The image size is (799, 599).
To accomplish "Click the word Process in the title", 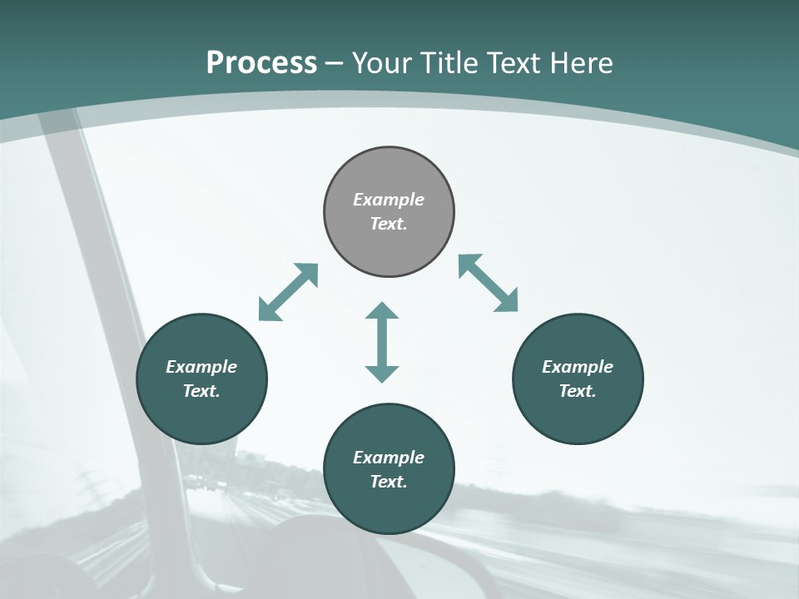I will pos(261,63).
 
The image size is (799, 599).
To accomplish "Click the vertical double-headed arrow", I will pos(382,342).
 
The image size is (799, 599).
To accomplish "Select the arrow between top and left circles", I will pos(289,292).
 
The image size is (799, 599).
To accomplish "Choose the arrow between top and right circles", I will pos(488,283).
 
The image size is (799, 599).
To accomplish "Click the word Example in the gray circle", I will pos(389,200).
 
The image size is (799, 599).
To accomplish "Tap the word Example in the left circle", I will pos(201,367).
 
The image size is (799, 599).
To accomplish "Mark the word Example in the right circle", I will pos(578,367).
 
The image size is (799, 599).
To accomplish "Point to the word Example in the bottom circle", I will pos(389,458).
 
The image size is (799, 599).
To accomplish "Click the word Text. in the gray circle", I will pos(389,224).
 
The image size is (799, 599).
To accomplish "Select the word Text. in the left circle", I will pos(201,391).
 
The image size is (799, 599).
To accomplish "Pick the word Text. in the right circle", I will pos(578,391).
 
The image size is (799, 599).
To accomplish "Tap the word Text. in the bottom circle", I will pos(389,482).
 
